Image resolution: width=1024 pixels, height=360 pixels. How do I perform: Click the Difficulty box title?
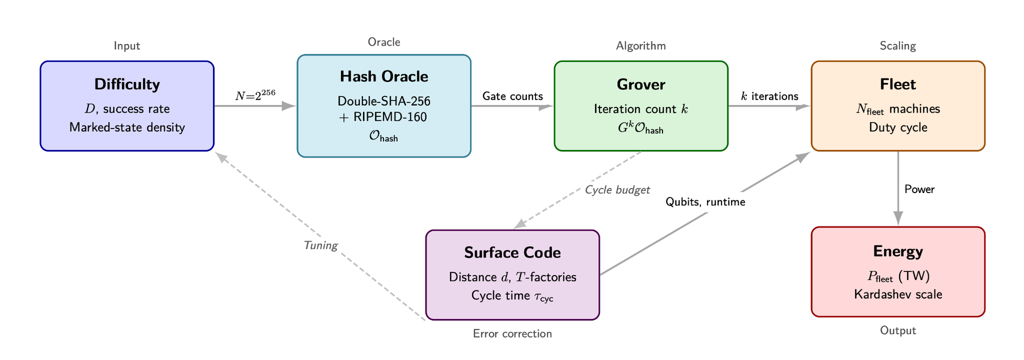[127, 84]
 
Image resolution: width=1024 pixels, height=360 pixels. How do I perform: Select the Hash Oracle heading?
[384, 77]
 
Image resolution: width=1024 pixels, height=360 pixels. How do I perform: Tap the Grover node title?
[641, 84]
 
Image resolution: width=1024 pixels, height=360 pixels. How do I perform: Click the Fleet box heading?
[898, 84]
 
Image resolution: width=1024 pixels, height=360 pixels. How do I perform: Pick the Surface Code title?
[513, 253]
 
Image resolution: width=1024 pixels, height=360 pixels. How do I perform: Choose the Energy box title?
[898, 251]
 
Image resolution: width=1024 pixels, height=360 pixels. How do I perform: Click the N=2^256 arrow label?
[255, 95]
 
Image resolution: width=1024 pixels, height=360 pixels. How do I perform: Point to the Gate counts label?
[513, 96]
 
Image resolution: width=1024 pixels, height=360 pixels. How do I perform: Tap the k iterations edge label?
[770, 96]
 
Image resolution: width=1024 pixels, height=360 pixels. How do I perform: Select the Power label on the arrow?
[920, 189]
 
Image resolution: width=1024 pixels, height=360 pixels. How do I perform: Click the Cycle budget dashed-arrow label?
[617, 190]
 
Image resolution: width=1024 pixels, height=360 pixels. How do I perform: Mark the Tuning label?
[321, 245]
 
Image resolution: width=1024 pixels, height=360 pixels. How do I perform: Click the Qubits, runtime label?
[705, 202]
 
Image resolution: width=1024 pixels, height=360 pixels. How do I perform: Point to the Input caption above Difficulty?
[127, 46]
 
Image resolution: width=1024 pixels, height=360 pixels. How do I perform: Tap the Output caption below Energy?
[898, 331]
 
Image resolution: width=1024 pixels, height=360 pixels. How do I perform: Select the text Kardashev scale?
[898, 294]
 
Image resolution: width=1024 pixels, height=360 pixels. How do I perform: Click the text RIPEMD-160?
[389, 117]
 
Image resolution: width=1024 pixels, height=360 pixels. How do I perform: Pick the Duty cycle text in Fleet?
[898, 128]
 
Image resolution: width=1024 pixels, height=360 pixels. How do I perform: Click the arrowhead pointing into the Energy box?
[898, 219]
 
